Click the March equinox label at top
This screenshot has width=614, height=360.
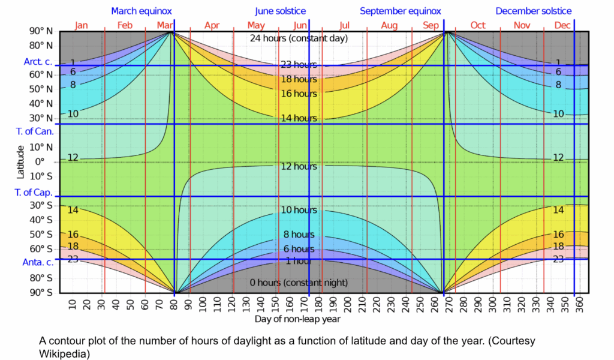tap(142, 11)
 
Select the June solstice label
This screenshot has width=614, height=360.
tap(280, 11)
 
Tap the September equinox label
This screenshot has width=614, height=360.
tap(400, 11)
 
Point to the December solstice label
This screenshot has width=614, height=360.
tap(533, 11)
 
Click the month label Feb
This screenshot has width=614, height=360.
tap(125, 25)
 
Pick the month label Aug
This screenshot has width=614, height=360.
tap(389, 25)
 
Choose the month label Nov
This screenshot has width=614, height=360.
tap(522, 25)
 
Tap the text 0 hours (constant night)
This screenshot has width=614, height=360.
tap(299, 283)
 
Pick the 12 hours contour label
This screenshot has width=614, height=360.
tap(299, 166)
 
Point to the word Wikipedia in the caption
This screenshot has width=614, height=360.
tap(64, 354)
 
